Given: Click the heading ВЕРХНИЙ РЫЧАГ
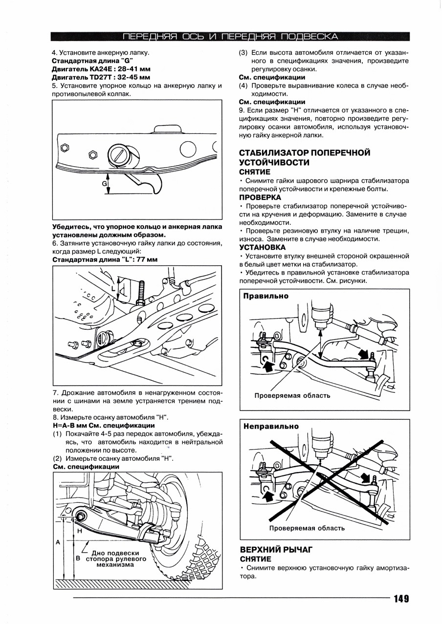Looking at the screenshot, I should click(276, 549).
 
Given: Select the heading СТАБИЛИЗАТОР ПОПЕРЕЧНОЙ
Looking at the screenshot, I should click(305, 152).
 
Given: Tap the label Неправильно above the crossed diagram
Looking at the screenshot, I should click(271, 426).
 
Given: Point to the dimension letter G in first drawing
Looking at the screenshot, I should click(104, 183).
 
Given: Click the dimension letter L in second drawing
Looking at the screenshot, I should click(114, 289).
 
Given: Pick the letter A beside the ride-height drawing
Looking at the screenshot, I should click(58, 542).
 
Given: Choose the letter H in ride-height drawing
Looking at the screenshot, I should click(79, 530).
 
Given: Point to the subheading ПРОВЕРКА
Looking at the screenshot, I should click(260, 197).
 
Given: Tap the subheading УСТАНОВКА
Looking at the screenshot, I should click(262, 247).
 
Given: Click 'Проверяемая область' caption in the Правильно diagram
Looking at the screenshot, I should click(292, 396).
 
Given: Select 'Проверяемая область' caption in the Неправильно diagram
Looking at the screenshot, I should click(307, 528).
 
